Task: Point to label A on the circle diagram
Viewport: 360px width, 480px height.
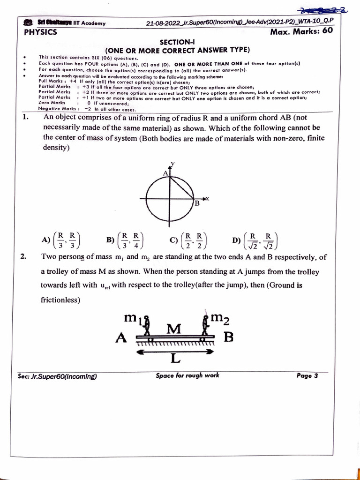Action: coord(165,173)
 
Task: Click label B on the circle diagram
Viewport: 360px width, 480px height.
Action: coord(197,203)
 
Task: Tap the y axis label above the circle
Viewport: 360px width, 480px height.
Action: coord(172,163)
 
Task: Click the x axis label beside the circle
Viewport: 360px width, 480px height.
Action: coord(207,198)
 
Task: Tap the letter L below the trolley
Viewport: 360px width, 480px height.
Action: coord(175,359)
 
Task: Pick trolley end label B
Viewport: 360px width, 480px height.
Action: coord(228,338)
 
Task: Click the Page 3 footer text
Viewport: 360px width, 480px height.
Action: coord(307,375)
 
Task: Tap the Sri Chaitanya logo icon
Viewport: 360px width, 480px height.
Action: coord(28,23)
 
